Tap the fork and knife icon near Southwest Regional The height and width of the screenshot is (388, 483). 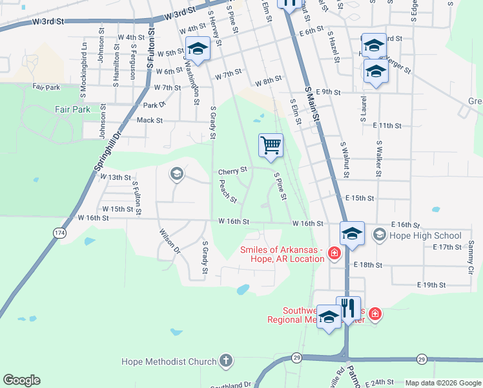pyautogui.click(x=349, y=308)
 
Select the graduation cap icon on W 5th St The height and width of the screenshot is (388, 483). pyautogui.click(x=198, y=49)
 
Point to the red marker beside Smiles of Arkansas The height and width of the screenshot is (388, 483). pyautogui.click(x=334, y=252)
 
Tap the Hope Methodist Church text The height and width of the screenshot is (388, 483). pyautogui.click(x=169, y=361)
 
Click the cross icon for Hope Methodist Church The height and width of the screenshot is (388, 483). pyautogui.click(x=225, y=360)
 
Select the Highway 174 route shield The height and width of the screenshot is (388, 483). pyautogui.click(x=60, y=232)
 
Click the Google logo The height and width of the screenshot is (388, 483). pyautogui.click(x=21, y=380)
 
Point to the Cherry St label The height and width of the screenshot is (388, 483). pyautogui.click(x=232, y=171)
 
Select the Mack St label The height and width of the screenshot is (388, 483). pyautogui.click(x=150, y=120)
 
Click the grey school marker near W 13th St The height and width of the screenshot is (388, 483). pyautogui.click(x=176, y=173)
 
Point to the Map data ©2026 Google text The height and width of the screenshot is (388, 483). pyautogui.click(x=442, y=383)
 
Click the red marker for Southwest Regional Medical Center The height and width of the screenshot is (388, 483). pyautogui.click(x=375, y=314)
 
